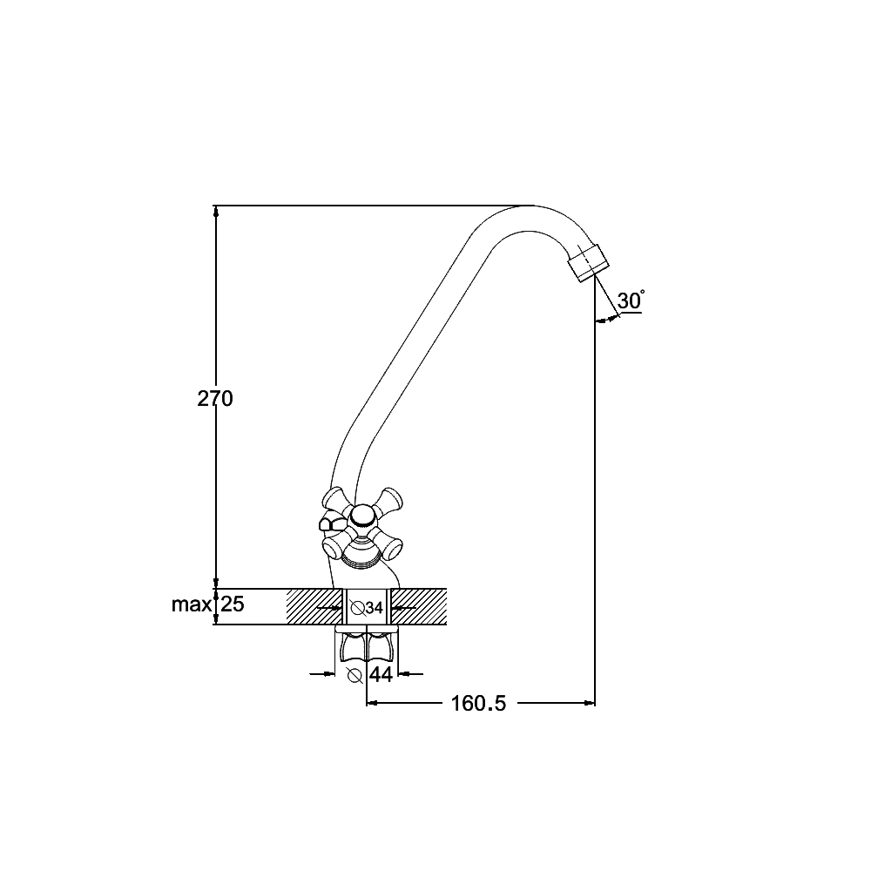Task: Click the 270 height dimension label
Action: click(215, 398)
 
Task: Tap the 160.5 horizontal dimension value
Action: click(478, 703)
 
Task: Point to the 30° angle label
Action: click(631, 300)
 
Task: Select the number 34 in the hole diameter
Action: click(375, 608)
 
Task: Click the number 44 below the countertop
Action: click(381, 674)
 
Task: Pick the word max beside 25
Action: click(192, 604)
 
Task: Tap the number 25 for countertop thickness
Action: click(233, 604)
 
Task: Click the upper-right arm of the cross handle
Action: click(390, 500)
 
